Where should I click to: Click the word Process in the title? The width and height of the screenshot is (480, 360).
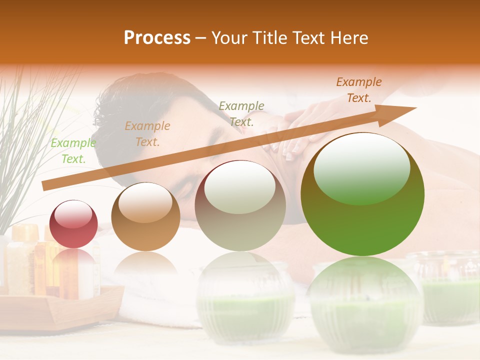[x=157, y=38]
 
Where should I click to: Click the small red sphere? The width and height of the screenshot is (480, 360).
[x=73, y=224]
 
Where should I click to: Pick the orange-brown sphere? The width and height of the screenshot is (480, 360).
[x=145, y=216]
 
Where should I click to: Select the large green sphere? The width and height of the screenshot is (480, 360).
[x=362, y=194]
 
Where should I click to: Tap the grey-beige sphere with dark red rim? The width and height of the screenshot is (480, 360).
[x=240, y=205]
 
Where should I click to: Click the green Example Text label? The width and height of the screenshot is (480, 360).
[x=73, y=151]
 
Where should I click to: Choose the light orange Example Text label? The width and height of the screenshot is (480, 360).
[x=147, y=134]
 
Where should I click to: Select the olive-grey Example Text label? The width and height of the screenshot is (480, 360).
[x=241, y=113]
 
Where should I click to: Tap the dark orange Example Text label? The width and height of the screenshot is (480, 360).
[x=358, y=90]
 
